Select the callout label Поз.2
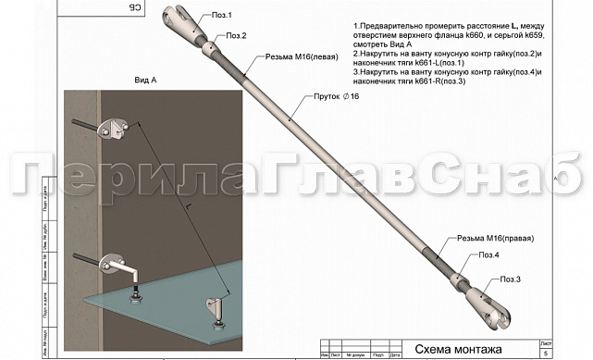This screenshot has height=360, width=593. (236, 36)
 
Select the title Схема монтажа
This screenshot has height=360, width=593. (455, 350)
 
